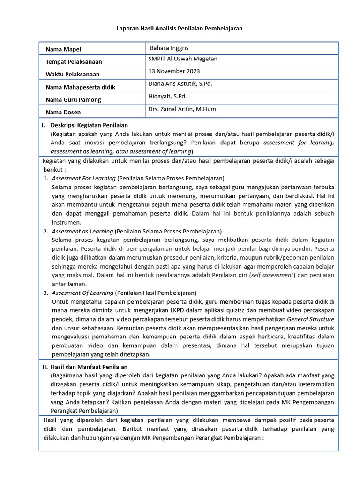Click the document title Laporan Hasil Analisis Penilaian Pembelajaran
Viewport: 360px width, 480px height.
coord(180,29)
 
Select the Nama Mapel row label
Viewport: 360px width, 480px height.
coord(63,49)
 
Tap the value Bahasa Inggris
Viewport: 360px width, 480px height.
coord(169,48)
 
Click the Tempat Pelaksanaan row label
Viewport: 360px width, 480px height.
coord(74,62)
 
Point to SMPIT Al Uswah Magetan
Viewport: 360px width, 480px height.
coord(183,59)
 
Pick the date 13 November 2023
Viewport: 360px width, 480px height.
coord(174,71)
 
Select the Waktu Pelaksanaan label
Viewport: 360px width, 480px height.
coord(72,75)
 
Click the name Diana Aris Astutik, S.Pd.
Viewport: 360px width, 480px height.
coord(180,84)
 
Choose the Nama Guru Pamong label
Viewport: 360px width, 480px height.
coord(73,100)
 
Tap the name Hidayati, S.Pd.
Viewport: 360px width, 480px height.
coord(167,97)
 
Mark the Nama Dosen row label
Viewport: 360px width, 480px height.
coord(63,112)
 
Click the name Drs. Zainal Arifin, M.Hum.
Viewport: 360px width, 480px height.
coord(183,109)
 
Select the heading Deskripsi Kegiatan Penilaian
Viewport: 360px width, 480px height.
coord(89,125)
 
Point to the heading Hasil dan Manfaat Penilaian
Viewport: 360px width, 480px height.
coord(89,367)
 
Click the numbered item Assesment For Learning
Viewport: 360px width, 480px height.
coord(83,179)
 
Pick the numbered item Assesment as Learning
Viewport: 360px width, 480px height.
coord(82,232)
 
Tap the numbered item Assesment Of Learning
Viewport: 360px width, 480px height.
coord(82,293)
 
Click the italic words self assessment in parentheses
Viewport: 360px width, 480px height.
coord(272,275)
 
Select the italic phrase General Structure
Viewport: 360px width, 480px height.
coord(310,319)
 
